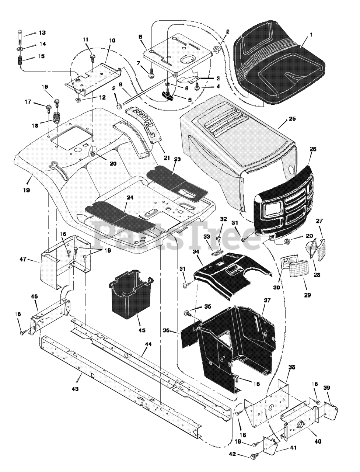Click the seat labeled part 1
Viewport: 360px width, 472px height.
click(280, 66)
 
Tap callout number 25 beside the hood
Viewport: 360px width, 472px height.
click(292, 119)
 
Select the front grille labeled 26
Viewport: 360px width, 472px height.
click(284, 206)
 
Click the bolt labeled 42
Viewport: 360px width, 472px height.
click(254, 456)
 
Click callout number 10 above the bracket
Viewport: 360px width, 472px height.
click(112, 40)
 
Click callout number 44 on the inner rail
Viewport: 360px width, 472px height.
click(148, 344)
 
